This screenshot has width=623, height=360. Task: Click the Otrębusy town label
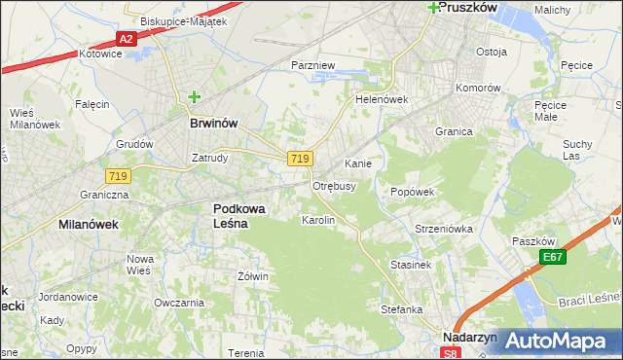point(334,186)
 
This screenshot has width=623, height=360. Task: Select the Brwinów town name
point(214,125)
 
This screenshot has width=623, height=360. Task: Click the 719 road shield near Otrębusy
point(299,159)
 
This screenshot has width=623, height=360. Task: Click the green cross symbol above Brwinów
point(194,97)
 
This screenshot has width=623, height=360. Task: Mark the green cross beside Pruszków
point(432,7)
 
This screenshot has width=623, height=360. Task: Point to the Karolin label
point(318,221)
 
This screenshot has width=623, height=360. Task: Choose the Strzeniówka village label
point(443,230)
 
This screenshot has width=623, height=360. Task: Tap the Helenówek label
point(381,100)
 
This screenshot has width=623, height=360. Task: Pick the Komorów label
point(479,88)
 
